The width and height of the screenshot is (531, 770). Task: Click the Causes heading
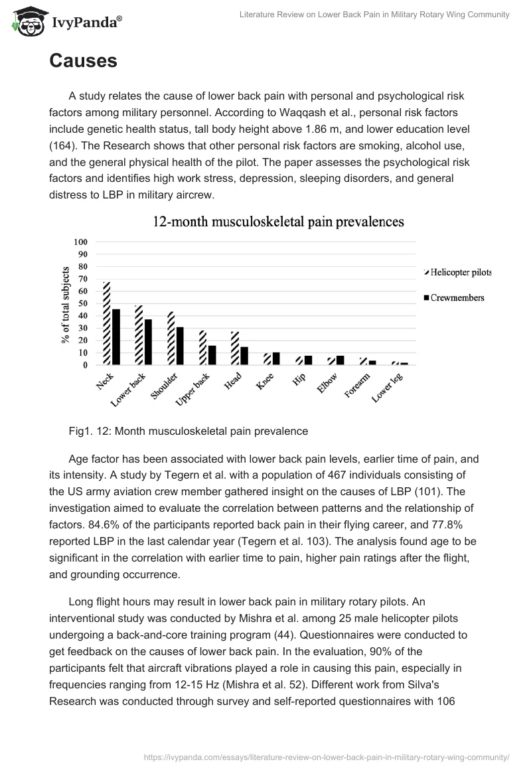(x=83, y=61)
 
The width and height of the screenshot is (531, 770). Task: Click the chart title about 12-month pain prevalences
(x=278, y=222)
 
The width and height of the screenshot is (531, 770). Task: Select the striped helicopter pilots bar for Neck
(x=106, y=323)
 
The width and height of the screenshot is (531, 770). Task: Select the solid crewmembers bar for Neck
(x=116, y=337)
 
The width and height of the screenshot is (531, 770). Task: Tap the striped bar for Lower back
(x=139, y=335)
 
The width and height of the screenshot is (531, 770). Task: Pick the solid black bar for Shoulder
(x=180, y=346)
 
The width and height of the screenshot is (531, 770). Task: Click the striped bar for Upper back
(x=202, y=348)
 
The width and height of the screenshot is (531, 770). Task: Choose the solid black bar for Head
(x=244, y=356)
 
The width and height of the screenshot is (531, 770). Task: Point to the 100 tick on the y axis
(x=82, y=242)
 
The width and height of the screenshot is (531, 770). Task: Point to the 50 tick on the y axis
(x=83, y=303)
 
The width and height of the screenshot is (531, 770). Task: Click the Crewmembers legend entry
(x=457, y=298)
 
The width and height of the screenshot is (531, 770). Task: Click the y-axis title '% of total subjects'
(x=66, y=305)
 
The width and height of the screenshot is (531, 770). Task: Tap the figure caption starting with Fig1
(x=188, y=431)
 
